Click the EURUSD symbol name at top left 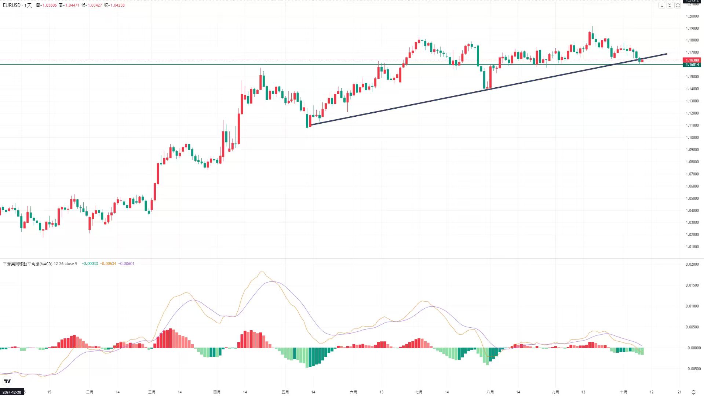12,5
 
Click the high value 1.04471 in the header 72,5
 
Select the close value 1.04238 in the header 117,5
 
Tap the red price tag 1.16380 692,60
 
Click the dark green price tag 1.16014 692,65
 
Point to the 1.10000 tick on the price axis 692,138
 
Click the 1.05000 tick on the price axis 692,198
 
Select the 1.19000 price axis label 692,28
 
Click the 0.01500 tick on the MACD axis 692,285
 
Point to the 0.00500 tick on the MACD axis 692,327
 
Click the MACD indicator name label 28,264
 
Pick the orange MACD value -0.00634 108,264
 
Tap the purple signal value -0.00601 127,264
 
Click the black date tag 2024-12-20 12,392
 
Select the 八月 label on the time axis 490,392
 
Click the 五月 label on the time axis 285,392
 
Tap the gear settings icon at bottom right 693,392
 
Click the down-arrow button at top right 662,5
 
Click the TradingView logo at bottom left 7,381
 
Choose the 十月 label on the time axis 623,392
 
